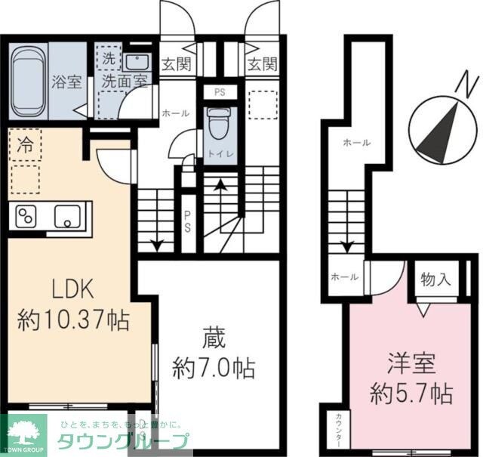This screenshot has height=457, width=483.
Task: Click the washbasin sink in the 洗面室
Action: point(136,62)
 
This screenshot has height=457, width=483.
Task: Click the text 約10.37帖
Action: point(73,320)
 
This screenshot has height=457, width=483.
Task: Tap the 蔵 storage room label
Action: point(212,335)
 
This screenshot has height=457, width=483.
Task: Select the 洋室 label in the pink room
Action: point(411,363)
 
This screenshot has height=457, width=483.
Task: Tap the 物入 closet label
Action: point(435,279)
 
